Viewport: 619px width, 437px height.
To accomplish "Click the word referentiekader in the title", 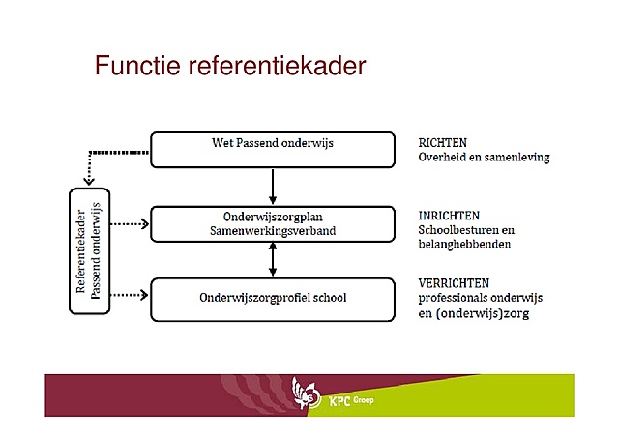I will (275, 67).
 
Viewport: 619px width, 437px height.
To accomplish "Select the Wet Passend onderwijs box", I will (273, 148).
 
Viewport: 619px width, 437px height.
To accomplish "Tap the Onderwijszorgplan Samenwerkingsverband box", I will (273, 223).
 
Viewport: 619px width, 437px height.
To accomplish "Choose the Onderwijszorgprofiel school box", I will (273, 298).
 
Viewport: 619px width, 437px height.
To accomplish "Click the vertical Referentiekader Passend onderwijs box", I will (88, 251).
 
